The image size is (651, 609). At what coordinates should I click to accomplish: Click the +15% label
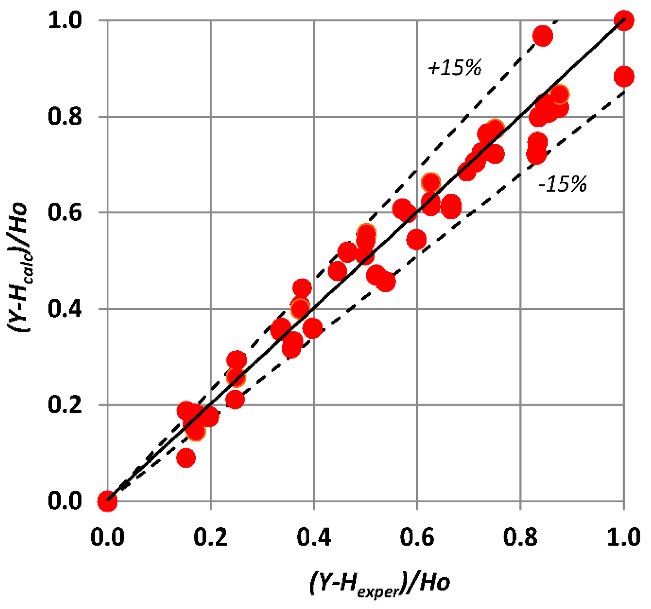tap(454, 68)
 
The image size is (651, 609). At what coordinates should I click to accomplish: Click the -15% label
tap(562, 184)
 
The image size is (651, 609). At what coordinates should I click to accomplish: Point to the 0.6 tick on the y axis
tap(65, 212)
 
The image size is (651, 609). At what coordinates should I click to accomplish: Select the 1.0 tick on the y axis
tap(65, 21)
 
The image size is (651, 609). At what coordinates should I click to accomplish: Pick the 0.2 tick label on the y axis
tap(65, 405)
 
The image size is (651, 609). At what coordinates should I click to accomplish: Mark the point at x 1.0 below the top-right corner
tap(624, 77)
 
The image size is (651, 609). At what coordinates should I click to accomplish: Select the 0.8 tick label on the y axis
tap(65, 116)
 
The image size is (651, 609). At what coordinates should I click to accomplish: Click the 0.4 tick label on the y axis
tap(65, 309)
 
